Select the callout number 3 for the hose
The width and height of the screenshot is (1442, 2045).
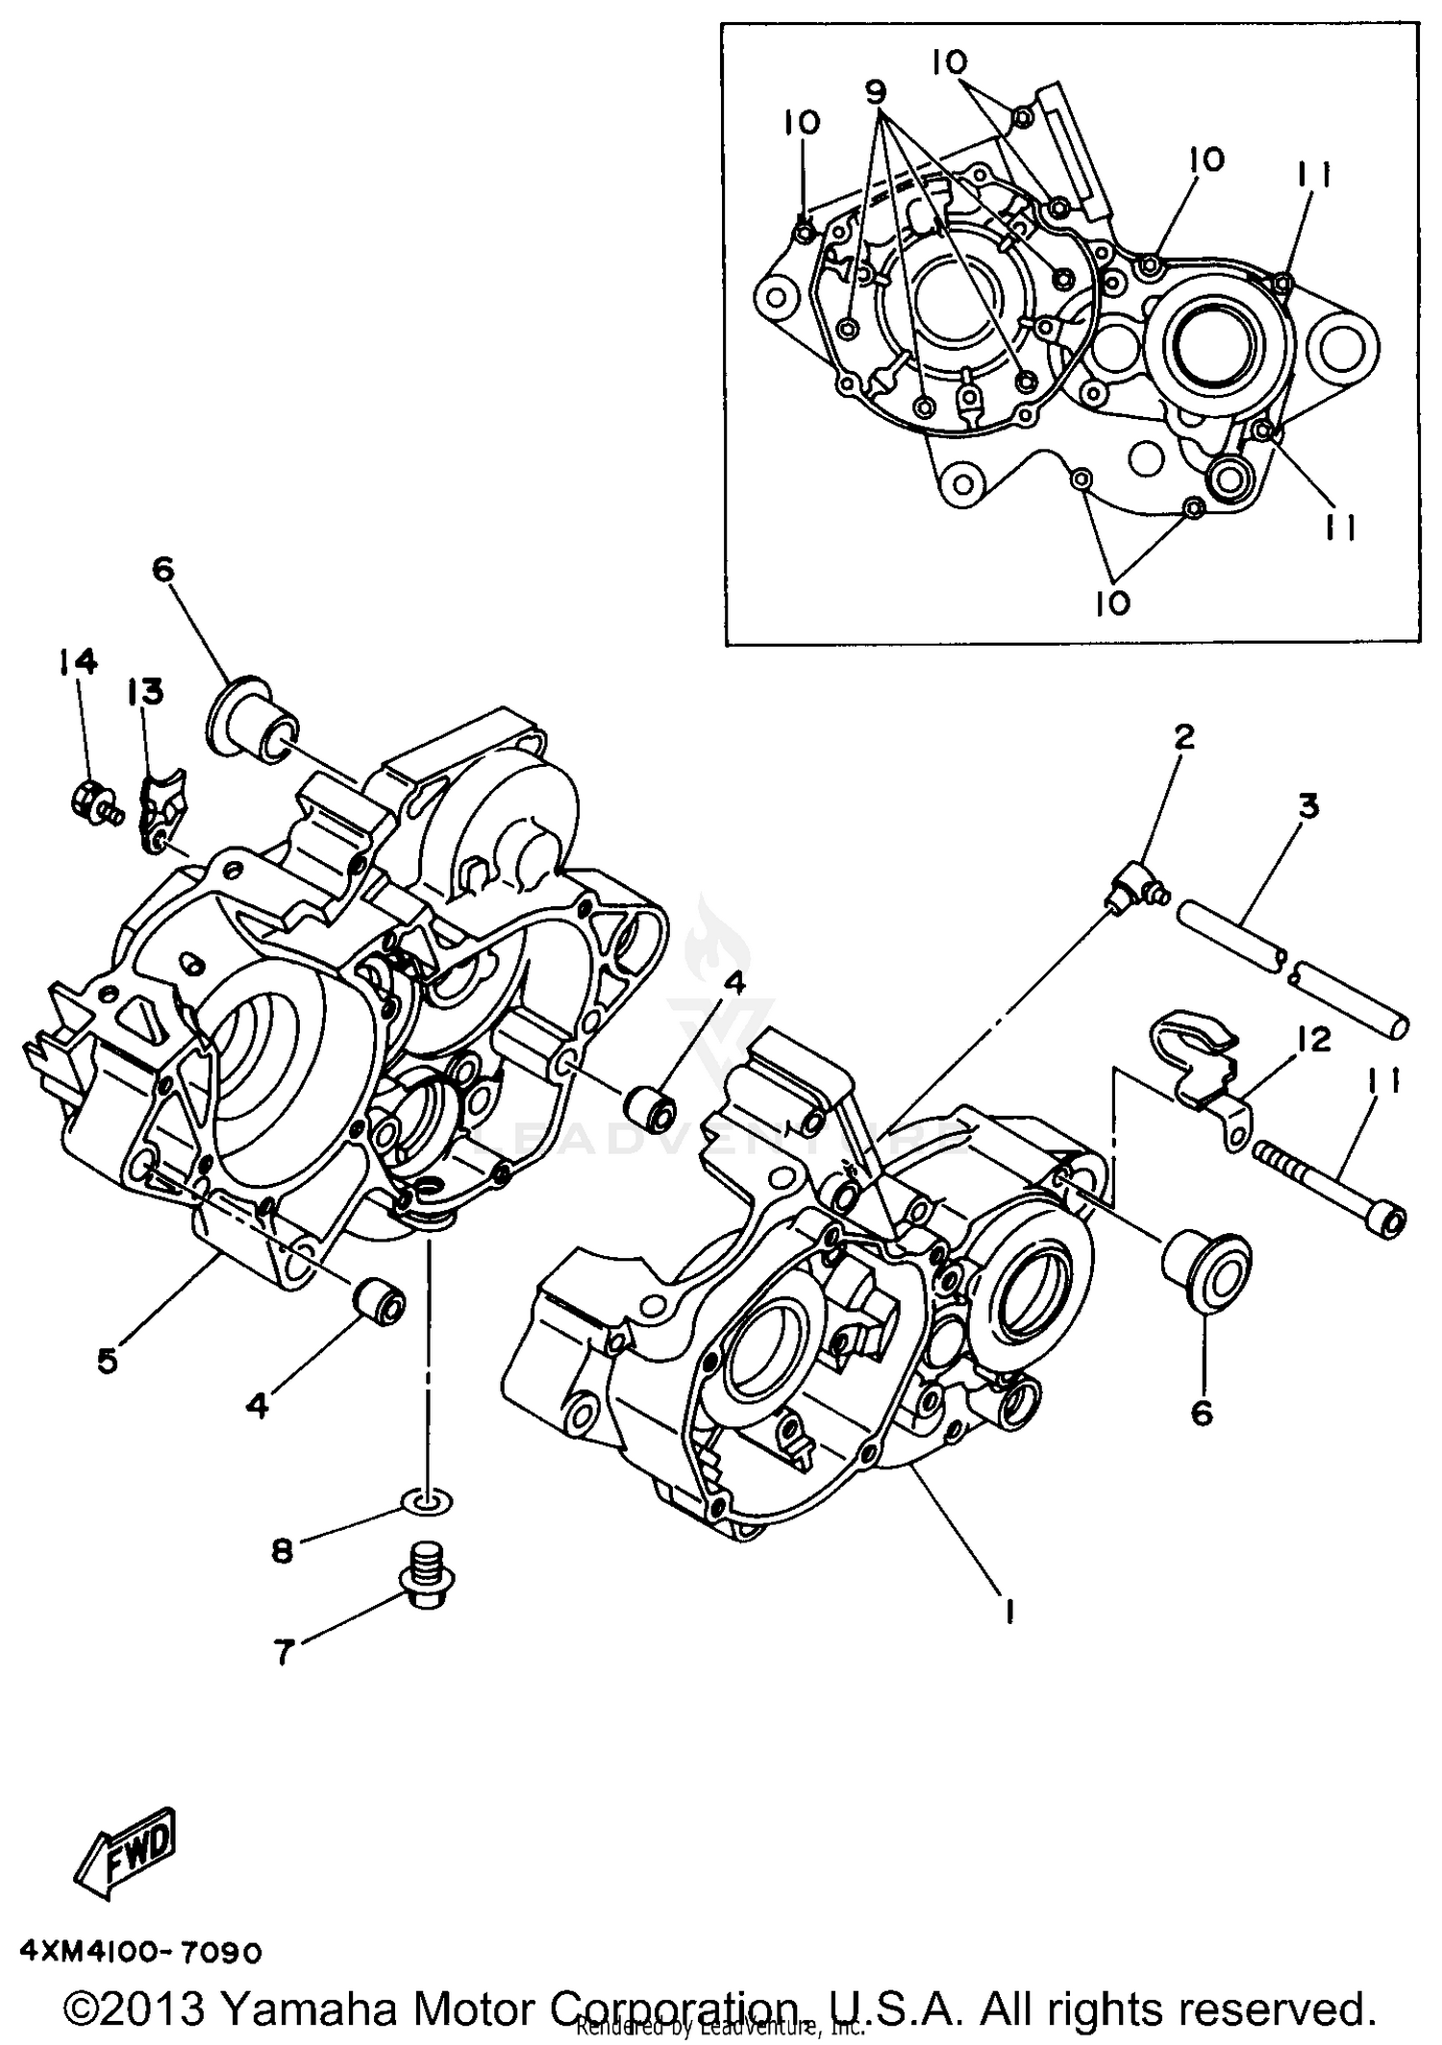(x=1308, y=805)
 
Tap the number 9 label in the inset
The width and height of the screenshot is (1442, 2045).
(x=875, y=92)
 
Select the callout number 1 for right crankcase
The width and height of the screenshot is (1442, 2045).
(x=1009, y=1613)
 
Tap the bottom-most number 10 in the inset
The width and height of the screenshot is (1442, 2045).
(x=1112, y=603)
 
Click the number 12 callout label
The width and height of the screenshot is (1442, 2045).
(x=1314, y=1040)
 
